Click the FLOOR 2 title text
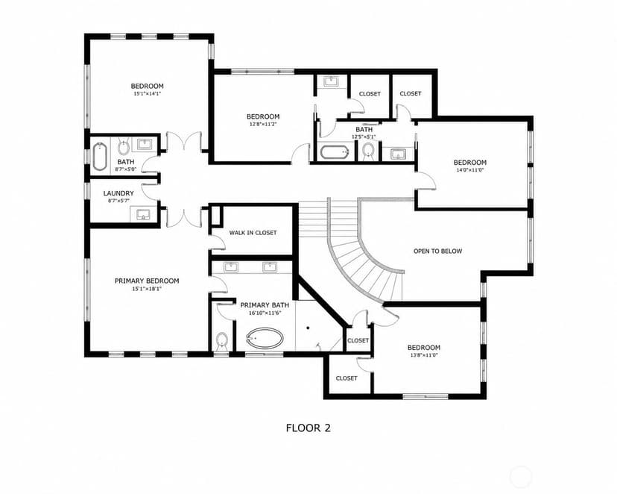pos(308,428)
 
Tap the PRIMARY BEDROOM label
pos(147,281)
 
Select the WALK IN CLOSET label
pos(253,233)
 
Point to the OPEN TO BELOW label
pos(437,251)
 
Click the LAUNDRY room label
pos(118,193)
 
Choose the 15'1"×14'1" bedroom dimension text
pos(147,94)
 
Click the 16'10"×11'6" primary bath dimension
pos(265,313)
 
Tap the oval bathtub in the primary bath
pos(265,338)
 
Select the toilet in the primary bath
pos(222,340)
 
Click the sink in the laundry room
pos(143,214)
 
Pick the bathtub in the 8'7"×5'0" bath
pos(100,157)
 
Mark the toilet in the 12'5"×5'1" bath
pos(368,151)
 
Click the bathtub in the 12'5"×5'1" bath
pos(334,152)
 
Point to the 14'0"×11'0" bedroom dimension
pos(470,170)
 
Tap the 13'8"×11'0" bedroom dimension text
pos(424,355)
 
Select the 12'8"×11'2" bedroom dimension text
pos(263,124)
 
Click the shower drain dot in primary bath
pos(308,328)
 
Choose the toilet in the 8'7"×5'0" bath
pos(124,147)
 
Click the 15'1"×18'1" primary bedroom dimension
pos(147,289)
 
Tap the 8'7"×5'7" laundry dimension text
pos(118,201)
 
